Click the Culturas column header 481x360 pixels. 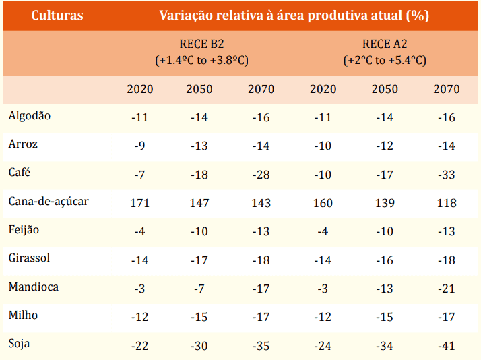click(x=57, y=15)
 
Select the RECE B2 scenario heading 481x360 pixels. click(x=201, y=45)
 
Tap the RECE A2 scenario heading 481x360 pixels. click(x=385, y=45)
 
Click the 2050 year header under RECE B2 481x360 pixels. click(x=199, y=89)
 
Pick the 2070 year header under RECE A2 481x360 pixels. click(x=446, y=89)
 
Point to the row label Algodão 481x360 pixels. click(x=30, y=116)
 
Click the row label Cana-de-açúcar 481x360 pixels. click(x=49, y=202)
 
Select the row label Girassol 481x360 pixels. click(x=29, y=258)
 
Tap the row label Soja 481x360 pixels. click(x=19, y=344)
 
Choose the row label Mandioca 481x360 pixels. click(x=33, y=287)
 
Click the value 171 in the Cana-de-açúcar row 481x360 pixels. click(x=139, y=203)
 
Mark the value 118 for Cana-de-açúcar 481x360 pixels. click(x=446, y=203)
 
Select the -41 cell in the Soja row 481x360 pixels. click(x=446, y=346)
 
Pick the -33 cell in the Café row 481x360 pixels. click(x=446, y=175)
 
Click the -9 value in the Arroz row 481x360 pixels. click(x=139, y=146)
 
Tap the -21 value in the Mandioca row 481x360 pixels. click(x=446, y=289)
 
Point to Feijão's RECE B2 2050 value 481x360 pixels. click(x=199, y=232)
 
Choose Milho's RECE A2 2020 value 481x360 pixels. click(x=323, y=317)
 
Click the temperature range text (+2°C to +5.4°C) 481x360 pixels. click(x=385, y=60)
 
